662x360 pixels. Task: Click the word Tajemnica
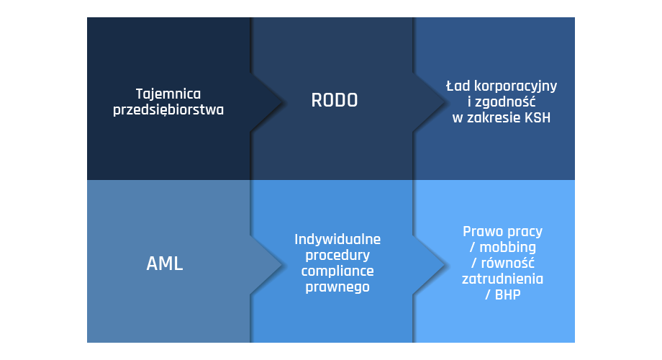click(168, 94)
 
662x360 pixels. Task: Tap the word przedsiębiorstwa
click(168, 110)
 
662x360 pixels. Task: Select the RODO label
click(335, 101)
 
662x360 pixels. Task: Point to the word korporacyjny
click(515, 86)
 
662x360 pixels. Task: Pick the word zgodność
click(506, 102)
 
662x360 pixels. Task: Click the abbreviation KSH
click(538, 117)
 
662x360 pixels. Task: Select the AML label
click(165, 264)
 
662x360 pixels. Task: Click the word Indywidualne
click(337, 240)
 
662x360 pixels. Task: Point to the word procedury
click(337, 256)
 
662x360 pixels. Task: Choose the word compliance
click(337, 271)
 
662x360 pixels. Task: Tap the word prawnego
click(337, 287)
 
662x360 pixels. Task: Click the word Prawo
click(481, 232)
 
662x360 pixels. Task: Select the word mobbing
click(507, 248)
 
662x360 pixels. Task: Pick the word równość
click(507, 263)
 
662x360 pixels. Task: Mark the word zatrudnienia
click(502, 279)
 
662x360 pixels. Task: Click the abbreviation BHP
click(507, 295)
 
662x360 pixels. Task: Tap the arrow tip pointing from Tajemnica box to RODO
click(281, 102)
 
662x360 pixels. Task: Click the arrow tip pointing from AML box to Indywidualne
click(281, 265)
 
